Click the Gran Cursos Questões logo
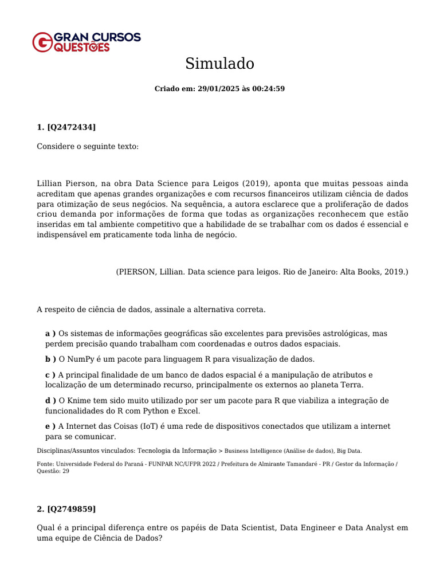(86, 42)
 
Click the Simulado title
(219, 64)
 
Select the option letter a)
(50, 333)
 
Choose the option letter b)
(50, 359)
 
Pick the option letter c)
(50, 374)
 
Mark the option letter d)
(50, 400)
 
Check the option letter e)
(50, 426)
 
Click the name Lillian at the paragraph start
(52, 183)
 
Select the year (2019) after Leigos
(256, 183)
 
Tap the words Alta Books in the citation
(360, 271)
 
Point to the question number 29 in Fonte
(65, 471)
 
